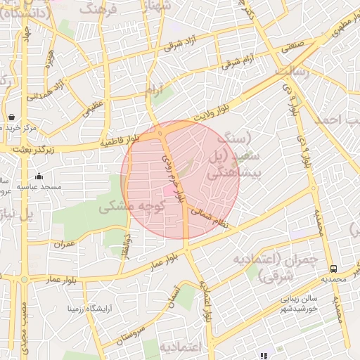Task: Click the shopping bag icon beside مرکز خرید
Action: (12, 117)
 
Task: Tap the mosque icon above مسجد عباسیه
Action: (38, 176)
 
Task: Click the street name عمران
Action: (63, 243)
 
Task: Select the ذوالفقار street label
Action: (127, 243)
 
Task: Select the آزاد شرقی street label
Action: (179, 45)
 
